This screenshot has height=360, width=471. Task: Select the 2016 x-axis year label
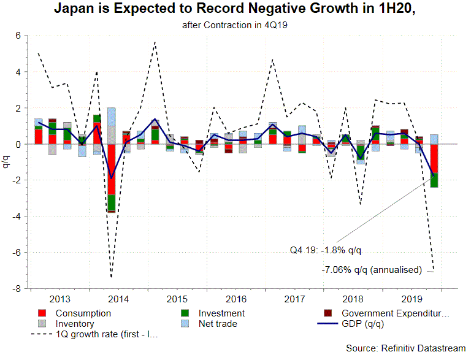point(236,299)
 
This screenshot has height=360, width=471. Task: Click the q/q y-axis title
point(7,161)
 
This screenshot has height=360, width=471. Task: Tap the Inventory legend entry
point(74,324)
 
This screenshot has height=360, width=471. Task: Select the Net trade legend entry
point(216,324)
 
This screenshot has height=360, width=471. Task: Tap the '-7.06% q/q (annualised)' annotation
point(372,269)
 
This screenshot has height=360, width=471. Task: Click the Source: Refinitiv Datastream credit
point(405,348)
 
